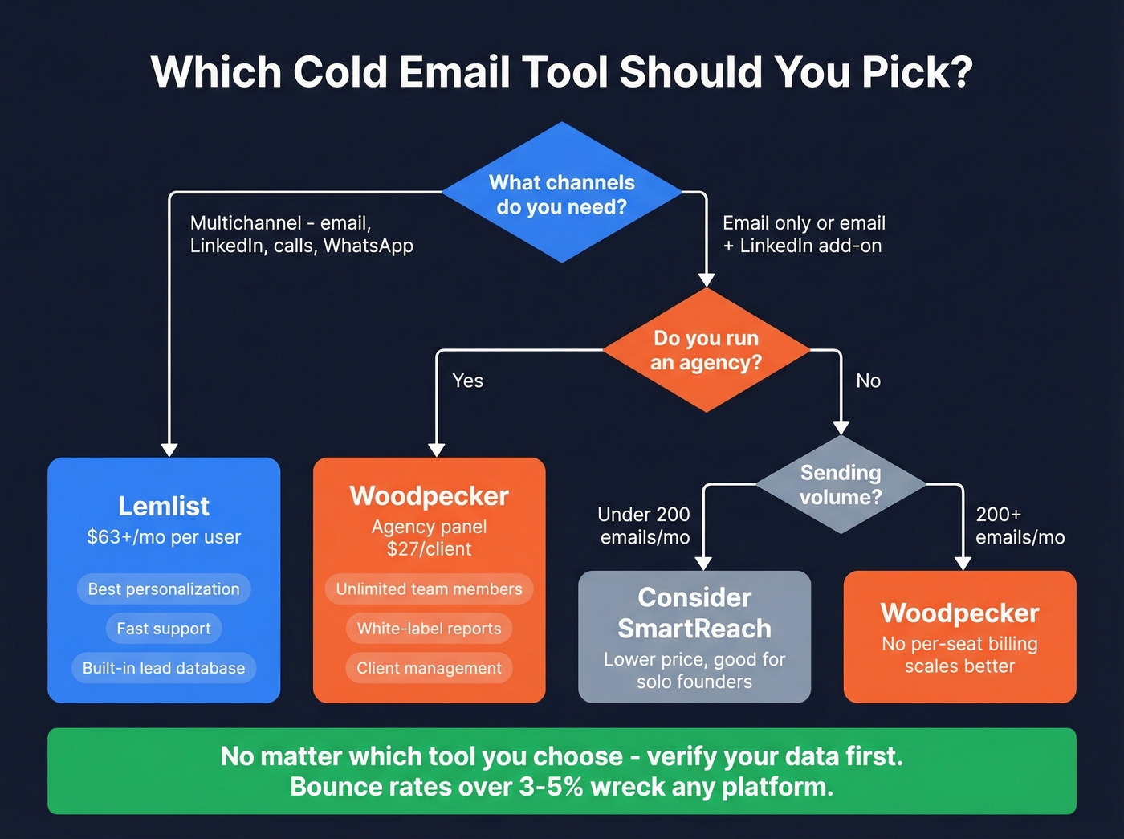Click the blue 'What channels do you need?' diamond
(562, 193)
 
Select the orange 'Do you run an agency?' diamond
(706, 350)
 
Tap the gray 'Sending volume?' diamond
(841, 484)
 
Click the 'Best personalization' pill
(164, 589)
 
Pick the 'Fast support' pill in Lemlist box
(164, 629)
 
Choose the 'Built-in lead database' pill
(164, 668)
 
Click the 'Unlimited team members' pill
(429, 589)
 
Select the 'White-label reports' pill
(429, 629)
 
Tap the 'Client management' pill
(429, 668)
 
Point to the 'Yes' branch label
(467, 381)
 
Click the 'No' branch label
(868, 381)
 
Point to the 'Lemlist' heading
(164, 506)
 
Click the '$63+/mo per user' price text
(164, 537)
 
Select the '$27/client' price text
(429, 549)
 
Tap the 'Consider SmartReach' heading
(694, 613)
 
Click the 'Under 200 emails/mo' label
(644, 526)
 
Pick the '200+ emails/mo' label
(1020, 526)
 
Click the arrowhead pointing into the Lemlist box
(169, 450)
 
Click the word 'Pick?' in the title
(917, 72)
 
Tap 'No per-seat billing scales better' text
(959, 655)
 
